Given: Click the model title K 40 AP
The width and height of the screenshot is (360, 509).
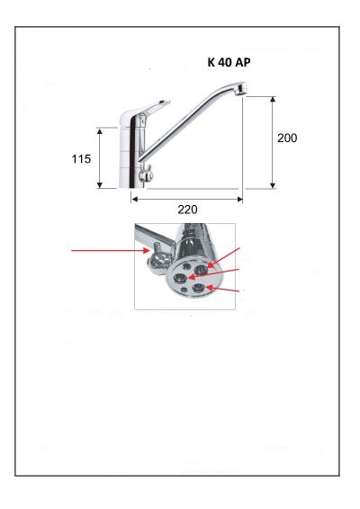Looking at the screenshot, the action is pos(229,62).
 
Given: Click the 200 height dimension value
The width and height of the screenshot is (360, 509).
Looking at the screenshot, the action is pos(287,138).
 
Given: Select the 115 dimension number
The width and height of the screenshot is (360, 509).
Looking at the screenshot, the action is pos(81,159).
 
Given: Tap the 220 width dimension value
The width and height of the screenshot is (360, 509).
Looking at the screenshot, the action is pos(187,210).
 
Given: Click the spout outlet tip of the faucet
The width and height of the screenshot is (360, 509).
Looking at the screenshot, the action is pos(241,87).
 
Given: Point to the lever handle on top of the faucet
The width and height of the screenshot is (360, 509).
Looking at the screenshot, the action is pos(149,109).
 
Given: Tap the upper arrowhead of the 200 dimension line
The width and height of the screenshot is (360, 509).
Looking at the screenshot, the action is pos(273,99).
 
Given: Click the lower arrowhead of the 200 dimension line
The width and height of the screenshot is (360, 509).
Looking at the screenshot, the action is pos(273,185).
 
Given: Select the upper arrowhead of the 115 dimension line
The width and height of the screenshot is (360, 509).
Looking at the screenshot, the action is pos(100,130).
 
